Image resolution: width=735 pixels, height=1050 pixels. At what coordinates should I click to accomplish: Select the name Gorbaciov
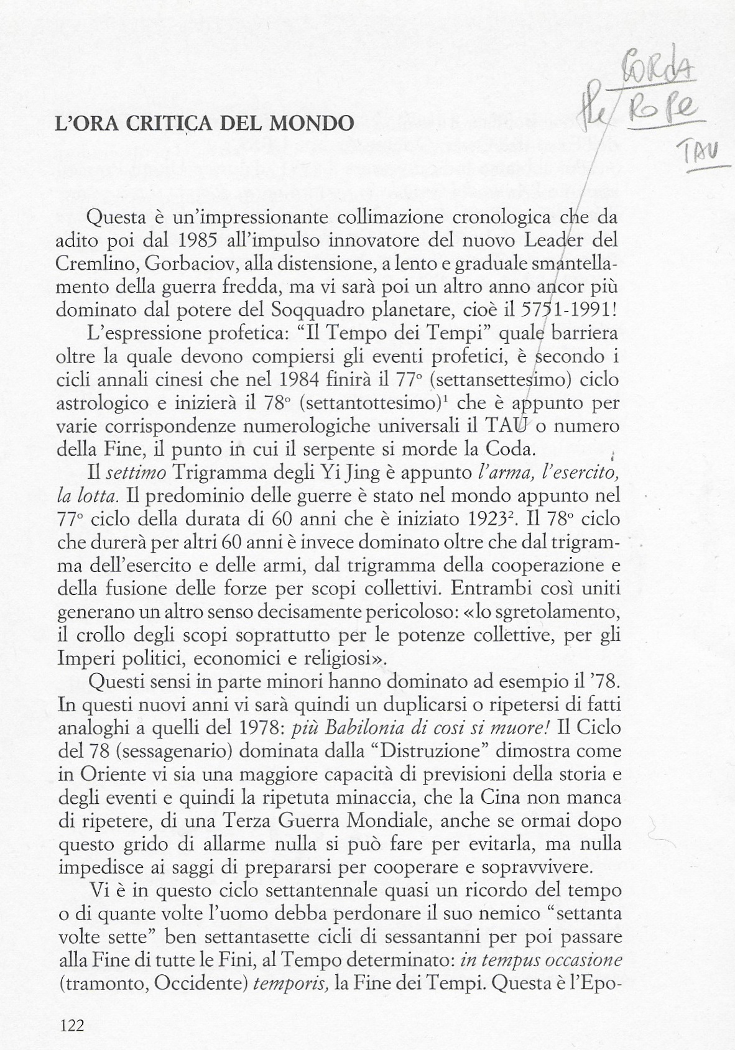point(190,264)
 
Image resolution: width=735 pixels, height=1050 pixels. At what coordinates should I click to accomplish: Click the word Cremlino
point(96,264)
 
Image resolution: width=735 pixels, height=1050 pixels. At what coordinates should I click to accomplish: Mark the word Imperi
point(89,658)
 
